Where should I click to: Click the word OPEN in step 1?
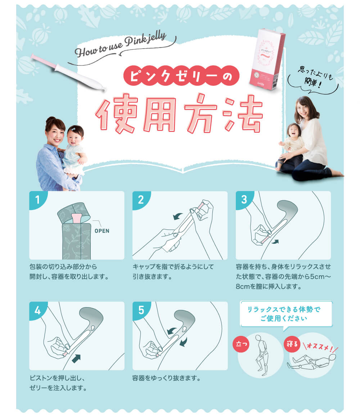point(102,231)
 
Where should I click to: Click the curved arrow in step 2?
point(177,216)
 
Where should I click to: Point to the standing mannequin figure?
point(260,352)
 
